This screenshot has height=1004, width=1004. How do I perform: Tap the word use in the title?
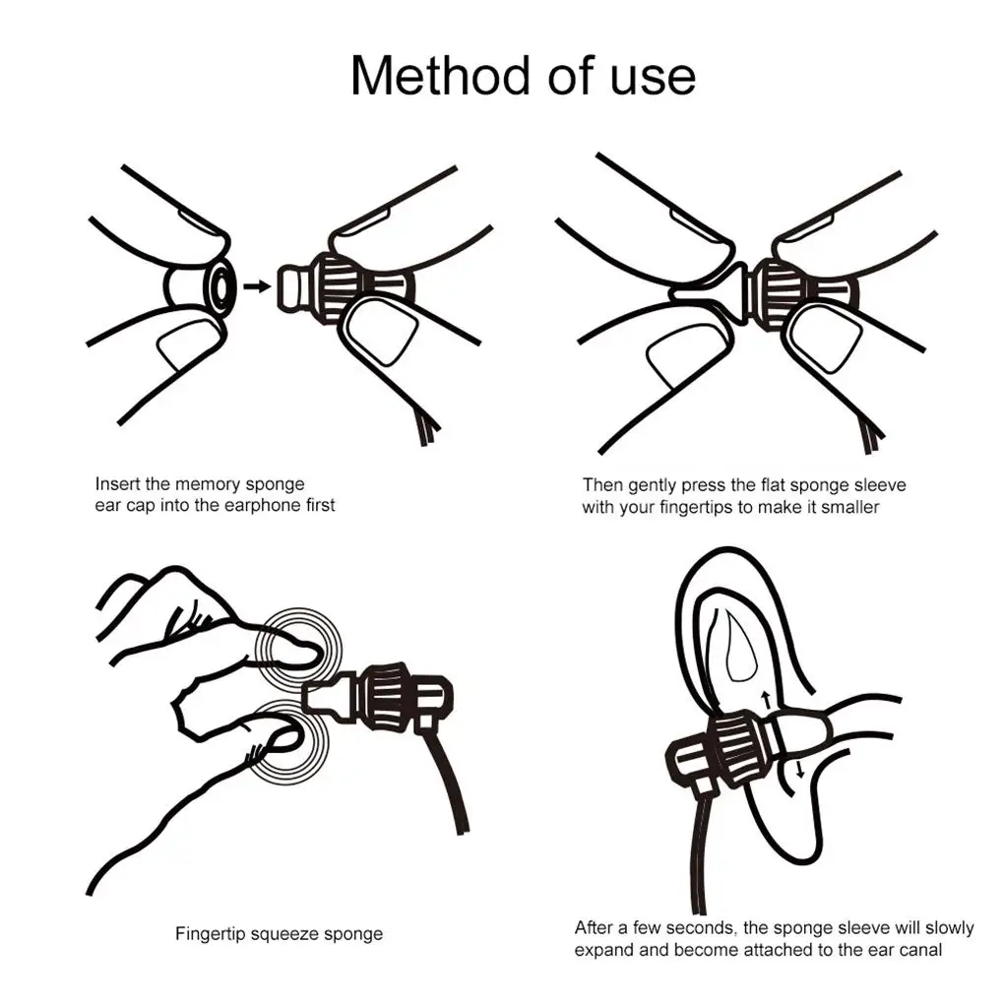[653, 79]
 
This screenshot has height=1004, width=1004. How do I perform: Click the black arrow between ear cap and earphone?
[258, 286]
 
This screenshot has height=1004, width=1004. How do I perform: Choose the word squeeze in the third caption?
[284, 935]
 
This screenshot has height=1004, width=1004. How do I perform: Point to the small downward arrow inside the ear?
[799, 770]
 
